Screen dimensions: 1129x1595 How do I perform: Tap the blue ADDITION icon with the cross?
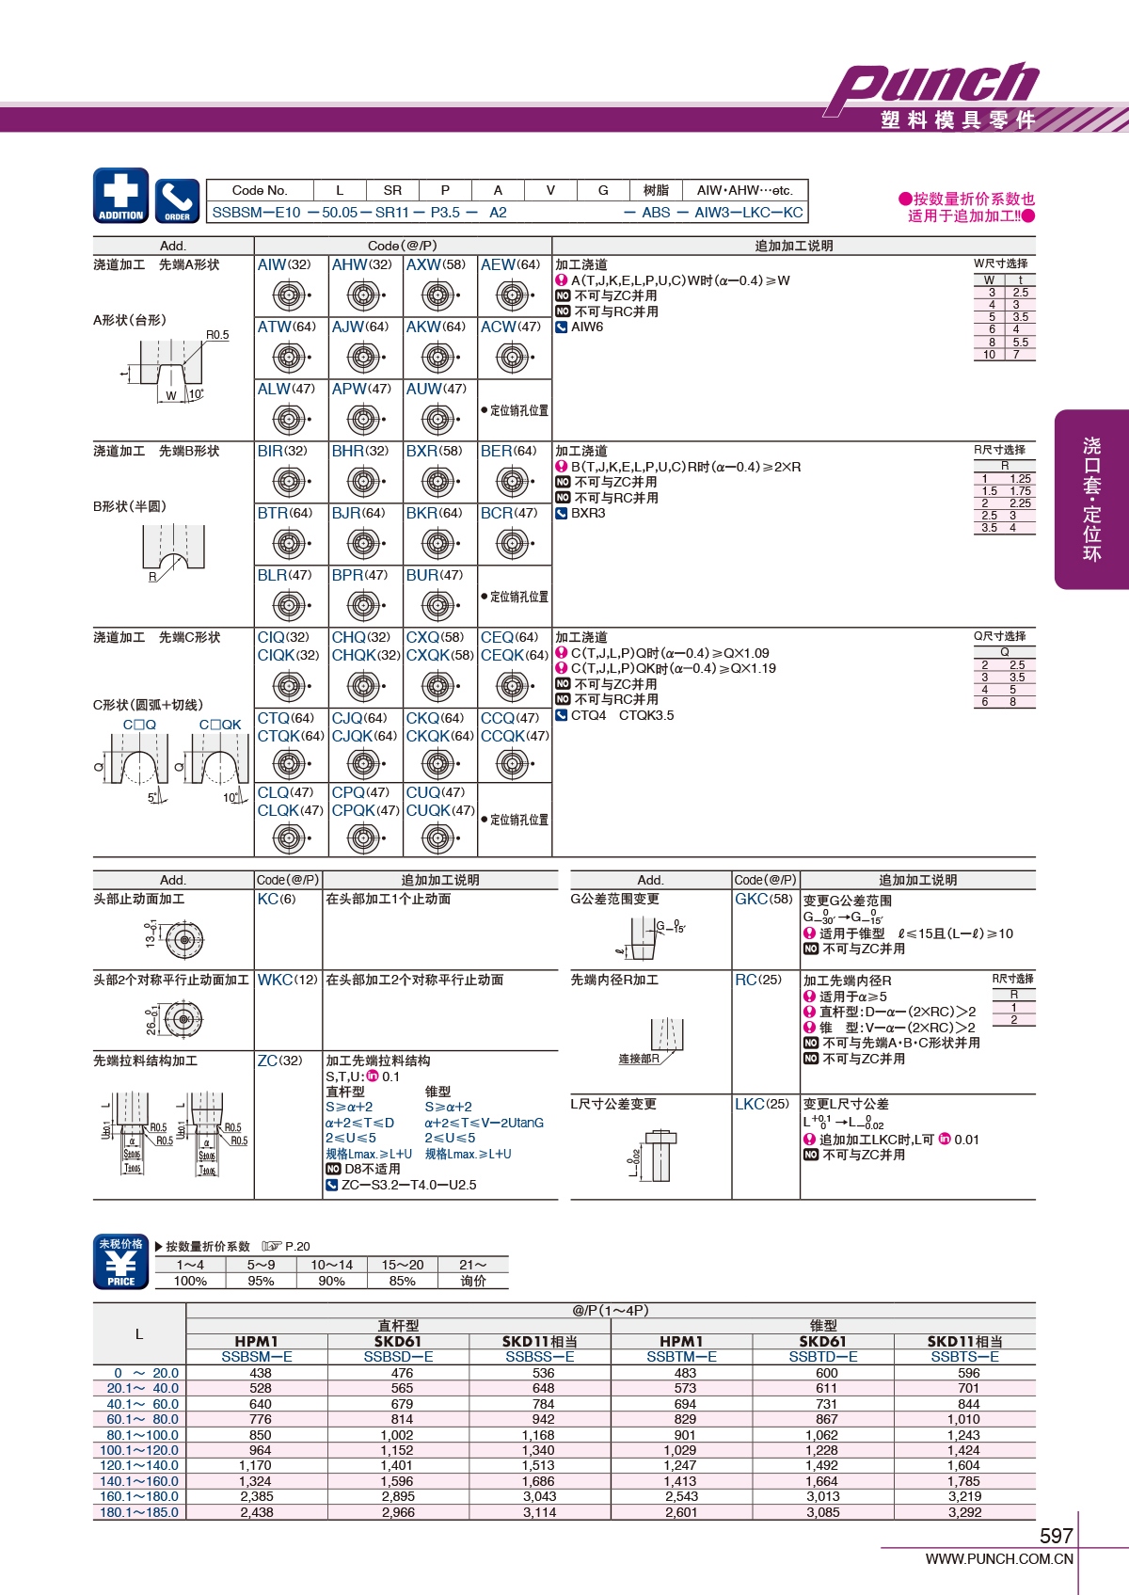point(121,196)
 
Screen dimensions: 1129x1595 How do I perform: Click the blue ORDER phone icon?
point(177,200)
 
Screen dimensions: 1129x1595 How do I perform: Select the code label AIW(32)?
point(284,264)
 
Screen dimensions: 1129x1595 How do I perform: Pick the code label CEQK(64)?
point(514,655)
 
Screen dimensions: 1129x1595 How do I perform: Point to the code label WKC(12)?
point(288,980)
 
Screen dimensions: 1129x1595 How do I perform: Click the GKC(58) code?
point(763,900)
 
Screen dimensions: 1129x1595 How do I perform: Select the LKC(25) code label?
point(762,1105)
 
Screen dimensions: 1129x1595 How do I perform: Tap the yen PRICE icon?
point(121,1262)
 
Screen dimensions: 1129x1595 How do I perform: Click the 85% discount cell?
point(402,1281)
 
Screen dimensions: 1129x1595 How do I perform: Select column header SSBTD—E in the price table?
point(823,1357)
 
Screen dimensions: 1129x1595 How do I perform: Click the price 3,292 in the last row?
point(964,1512)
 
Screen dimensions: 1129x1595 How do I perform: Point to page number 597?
point(1057,1536)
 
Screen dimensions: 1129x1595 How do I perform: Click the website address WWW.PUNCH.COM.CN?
point(999,1559)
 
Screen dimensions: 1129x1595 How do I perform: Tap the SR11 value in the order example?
point(392,212)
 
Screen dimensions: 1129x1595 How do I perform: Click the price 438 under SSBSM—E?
point(260,1373)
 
